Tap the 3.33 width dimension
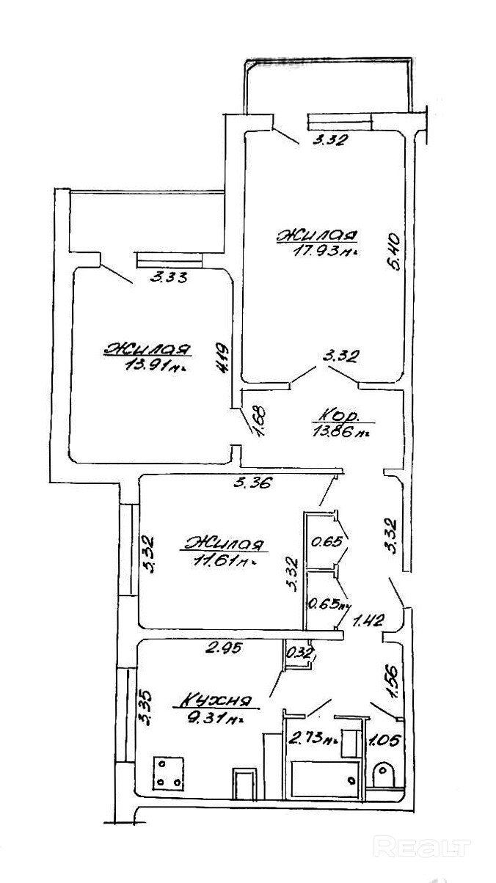click(169, 277)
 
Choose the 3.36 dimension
click(252, 483)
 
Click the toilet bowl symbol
click(384, 774)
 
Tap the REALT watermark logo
click(421, 848)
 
